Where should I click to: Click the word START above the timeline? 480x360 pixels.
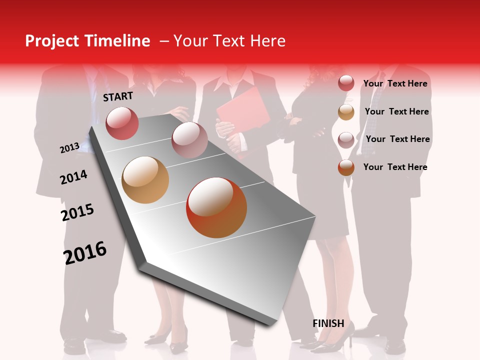coord(118,96)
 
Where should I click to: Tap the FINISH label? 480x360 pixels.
coord(328,323)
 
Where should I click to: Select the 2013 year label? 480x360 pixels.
coord(69,148)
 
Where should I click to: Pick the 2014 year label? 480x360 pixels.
coord(73,177)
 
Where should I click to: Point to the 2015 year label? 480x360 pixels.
coord(77,212)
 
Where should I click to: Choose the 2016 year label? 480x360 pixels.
coord(85,252)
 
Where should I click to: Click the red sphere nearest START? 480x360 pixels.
coord(122,123)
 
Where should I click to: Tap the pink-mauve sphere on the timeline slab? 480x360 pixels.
coord(189,139)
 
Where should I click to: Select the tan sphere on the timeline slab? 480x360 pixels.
coord(145,180)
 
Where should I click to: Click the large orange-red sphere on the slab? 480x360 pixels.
coord(216,207)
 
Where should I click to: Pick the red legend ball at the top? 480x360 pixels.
coord(346,83)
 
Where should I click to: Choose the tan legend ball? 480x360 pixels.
coord(346,112)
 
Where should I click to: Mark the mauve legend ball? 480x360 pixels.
coord(346,139)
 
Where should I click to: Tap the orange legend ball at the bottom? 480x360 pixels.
coord(346,167)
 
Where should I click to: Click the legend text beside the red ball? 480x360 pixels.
coord(395,83)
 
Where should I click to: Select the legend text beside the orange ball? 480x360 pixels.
coord(395,167)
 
